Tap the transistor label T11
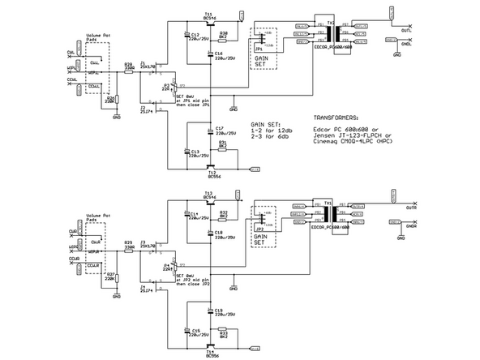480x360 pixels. [208, 15]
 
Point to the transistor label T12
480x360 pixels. [211, 174]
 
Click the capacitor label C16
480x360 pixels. [220, 54]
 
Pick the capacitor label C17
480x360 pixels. [220, 129]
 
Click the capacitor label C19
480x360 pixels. [219, 311]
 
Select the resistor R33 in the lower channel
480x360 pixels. [223, 332]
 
